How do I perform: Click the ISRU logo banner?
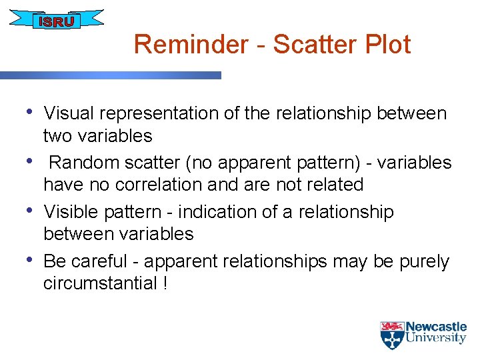click(56, 21)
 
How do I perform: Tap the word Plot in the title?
click(387, 45)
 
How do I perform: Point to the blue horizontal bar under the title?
click(110, 75)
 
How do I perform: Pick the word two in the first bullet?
click(58, 136)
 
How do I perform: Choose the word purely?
click(423, 261)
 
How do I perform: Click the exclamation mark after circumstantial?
click(165, 283)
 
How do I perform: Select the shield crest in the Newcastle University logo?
click(391, 335)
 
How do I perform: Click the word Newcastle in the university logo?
click(436, 327)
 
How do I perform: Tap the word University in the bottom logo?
click(436, 339)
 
